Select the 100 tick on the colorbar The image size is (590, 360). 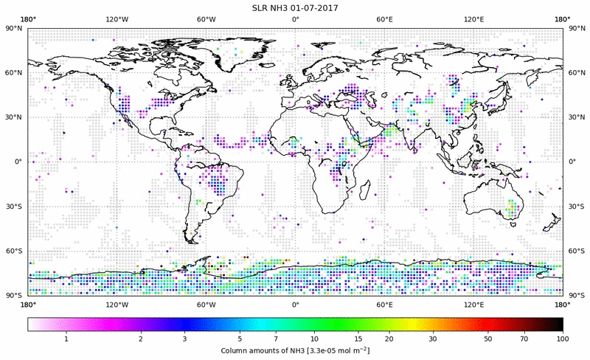point(563,338)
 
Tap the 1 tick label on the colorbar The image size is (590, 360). point(66,338)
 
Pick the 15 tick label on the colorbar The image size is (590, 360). point(346,338)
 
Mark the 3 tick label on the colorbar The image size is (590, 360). point(184,338)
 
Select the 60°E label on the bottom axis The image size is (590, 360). point(384,303)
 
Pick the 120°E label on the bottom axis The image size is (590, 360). point(473,303)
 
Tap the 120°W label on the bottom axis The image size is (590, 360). point(117,303)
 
